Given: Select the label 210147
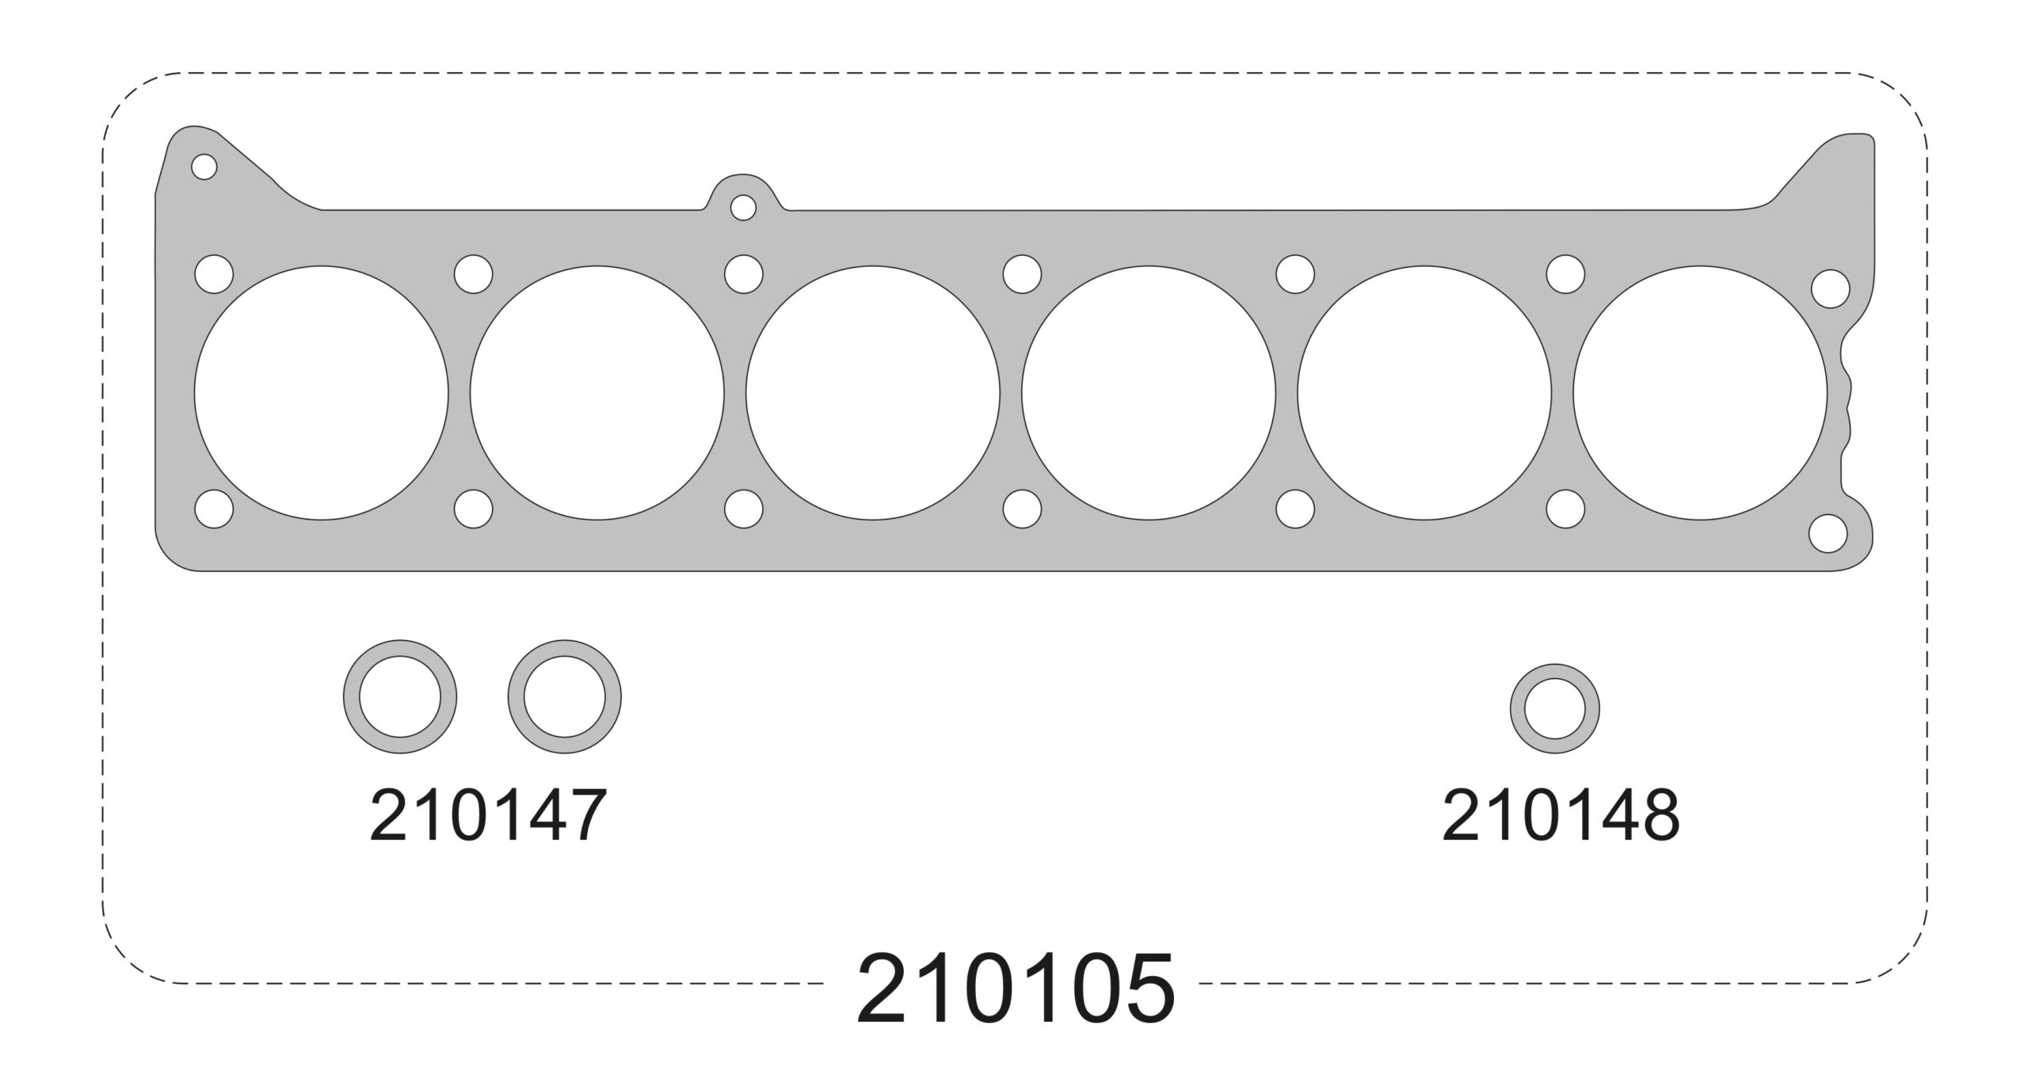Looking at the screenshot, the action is point(488,814).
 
